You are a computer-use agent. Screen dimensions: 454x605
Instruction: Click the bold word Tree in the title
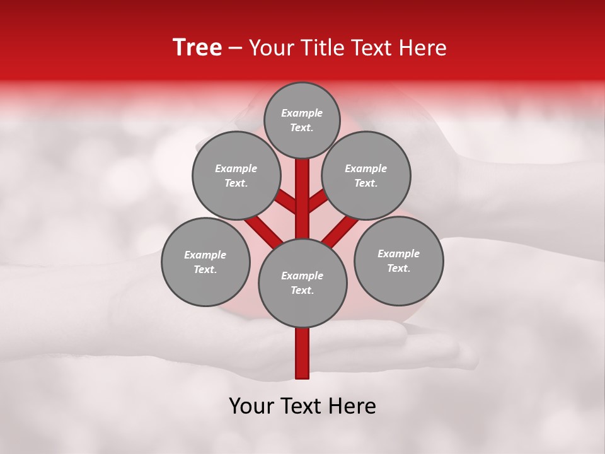[197, 48]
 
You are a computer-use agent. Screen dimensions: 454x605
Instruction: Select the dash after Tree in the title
[235, 49]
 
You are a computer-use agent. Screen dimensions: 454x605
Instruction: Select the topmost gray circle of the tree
[302, 120]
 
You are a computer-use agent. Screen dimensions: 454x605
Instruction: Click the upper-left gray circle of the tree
[236, 175]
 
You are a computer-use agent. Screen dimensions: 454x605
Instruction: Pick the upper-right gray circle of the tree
[366, 175]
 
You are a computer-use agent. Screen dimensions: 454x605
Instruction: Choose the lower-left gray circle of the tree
[205, 262]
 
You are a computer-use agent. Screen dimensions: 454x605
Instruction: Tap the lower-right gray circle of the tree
[399, 260]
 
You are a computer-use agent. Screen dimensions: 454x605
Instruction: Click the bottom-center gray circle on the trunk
[302, 283]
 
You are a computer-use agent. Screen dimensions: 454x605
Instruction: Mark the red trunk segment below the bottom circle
[302, 353]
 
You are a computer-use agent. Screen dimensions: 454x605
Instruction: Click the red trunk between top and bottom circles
[302, 202]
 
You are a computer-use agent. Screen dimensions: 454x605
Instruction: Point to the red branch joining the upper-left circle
[285, 202]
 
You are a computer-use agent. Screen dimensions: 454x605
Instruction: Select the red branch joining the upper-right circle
[319, 202]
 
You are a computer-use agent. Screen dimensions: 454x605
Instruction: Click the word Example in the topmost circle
[302, 113]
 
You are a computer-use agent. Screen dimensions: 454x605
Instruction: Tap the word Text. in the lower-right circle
[399, 268]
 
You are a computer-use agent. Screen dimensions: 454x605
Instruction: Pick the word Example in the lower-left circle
[205, 255]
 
